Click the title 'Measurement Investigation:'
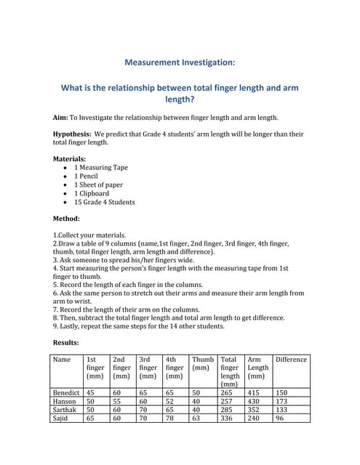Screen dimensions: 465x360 click(180, 63)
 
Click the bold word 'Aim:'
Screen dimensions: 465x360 click(61, 117)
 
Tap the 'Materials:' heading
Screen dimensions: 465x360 click(70, 158)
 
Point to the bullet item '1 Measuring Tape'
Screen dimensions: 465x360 click(100, 167)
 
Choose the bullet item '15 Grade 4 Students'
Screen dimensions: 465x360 click(104, 202)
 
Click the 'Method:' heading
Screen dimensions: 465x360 click(66, 218)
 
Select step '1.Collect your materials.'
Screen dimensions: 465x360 click(89, 235)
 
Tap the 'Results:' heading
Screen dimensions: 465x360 click(66, 341)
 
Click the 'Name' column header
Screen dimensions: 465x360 click(63, 359)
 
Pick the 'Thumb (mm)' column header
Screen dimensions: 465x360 click(202, 363)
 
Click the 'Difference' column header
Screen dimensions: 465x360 click(291, 359)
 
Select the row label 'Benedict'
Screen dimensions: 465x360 click(66, 392)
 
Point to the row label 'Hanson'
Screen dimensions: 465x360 click(64, 401)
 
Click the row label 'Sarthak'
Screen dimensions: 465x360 click(65, 409)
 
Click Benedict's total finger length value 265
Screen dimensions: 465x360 click(227, 392)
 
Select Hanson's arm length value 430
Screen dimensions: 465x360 click(254, 401)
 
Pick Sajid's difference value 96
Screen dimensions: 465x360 click(281, 418)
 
